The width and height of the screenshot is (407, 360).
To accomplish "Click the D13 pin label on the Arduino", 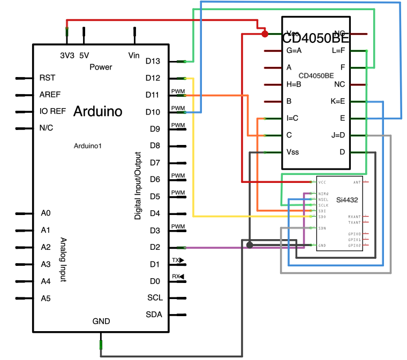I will (x=153, y=62).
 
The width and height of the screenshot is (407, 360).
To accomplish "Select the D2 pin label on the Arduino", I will (x=154, y=248).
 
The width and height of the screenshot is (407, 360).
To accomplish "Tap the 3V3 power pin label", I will (x=67, y=55).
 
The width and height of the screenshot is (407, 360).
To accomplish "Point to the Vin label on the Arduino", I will (x=134, y=55).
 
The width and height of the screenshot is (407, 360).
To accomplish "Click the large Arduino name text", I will (x=97, y=112).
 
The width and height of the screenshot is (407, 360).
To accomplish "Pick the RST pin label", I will (x=47, y=78).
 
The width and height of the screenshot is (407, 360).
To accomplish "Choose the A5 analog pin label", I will (x=46, y=298).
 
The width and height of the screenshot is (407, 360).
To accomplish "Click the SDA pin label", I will (x=154, y=315).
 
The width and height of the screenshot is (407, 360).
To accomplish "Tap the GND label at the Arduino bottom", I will (x=101, y=321).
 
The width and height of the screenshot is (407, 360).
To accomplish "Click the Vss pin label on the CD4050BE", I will (x=293, y=152).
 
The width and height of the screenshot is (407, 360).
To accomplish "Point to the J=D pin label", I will (x=338, y=135).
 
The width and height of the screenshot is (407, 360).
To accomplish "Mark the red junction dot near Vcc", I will (x=265, y=34).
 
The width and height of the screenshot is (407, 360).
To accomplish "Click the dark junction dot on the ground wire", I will (x=250, y=245).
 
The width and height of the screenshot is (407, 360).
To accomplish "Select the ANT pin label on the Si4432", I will (x=357, y=182).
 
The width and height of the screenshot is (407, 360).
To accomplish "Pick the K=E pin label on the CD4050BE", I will (x=338, y=101).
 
